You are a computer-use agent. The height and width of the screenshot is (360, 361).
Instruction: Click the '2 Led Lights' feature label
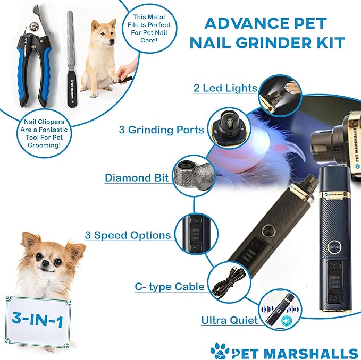pos(225,88)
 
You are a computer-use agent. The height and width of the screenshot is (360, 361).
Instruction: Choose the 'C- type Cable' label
pos(169,287)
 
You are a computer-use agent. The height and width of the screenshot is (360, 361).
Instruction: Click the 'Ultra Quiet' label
pos(229,320)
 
